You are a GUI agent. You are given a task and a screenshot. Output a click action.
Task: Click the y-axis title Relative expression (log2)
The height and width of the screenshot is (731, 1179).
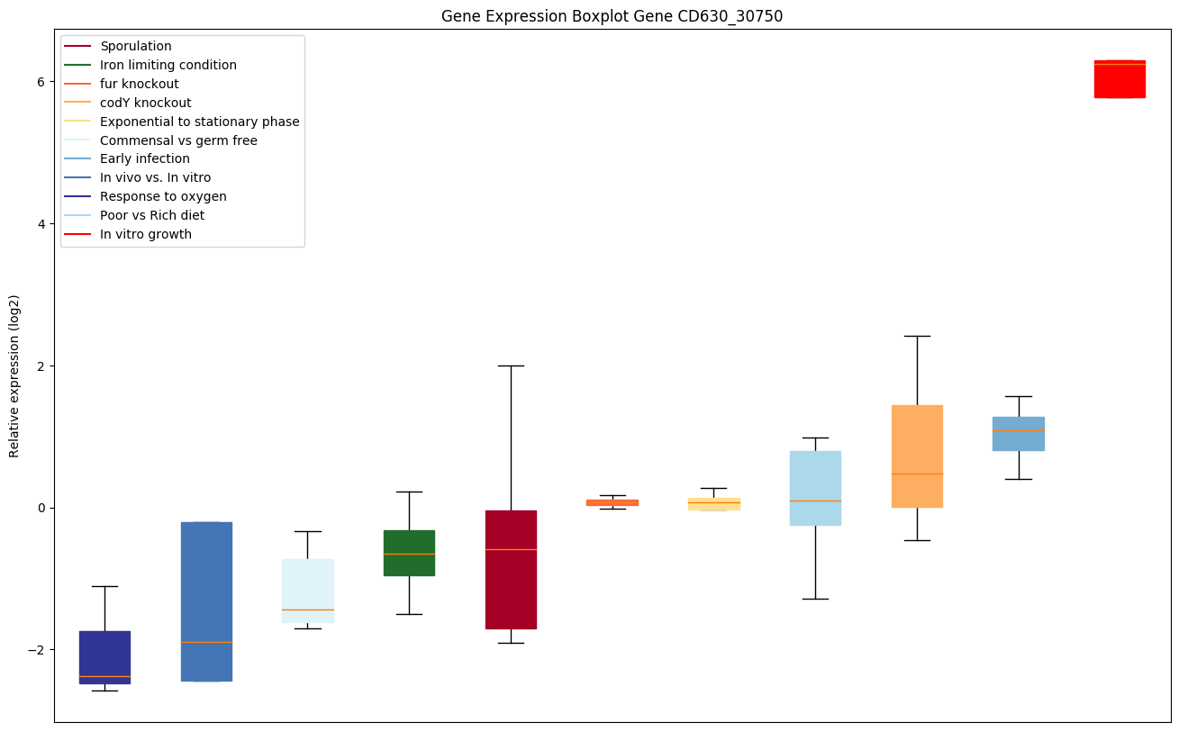pyautogui.click(x=14, y=375)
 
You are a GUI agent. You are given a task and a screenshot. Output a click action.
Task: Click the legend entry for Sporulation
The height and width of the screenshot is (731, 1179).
pyautogui.click(x=136, y=46)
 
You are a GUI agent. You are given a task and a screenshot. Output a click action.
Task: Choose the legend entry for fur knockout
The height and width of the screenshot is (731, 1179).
pyautogui.click(x=140, y=84)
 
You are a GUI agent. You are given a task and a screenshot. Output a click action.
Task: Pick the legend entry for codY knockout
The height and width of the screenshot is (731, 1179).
pyautogui.click(x=146, y=103)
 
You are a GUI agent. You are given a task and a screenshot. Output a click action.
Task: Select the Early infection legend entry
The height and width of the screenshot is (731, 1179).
pyautogui.click(x=145, y=159)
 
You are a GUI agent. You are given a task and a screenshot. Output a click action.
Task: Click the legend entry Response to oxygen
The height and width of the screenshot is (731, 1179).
pyautogui.click(x=163, y=197)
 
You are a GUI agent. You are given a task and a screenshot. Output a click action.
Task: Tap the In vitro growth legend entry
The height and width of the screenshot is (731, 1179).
pyautogui.click(x=146, y=235)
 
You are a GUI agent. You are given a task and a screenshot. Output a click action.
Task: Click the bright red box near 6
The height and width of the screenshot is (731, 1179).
pyautogui.click(x=1120, y=79)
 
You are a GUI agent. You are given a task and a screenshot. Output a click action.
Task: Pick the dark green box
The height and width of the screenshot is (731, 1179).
pyautogui.click(x=409, y=553)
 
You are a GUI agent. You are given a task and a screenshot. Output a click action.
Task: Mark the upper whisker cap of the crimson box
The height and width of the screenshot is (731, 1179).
pyautogui.click(x=511, y=366)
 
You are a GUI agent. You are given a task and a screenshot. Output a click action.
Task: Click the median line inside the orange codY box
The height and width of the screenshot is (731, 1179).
pyautogui.click(x=917, y=474)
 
